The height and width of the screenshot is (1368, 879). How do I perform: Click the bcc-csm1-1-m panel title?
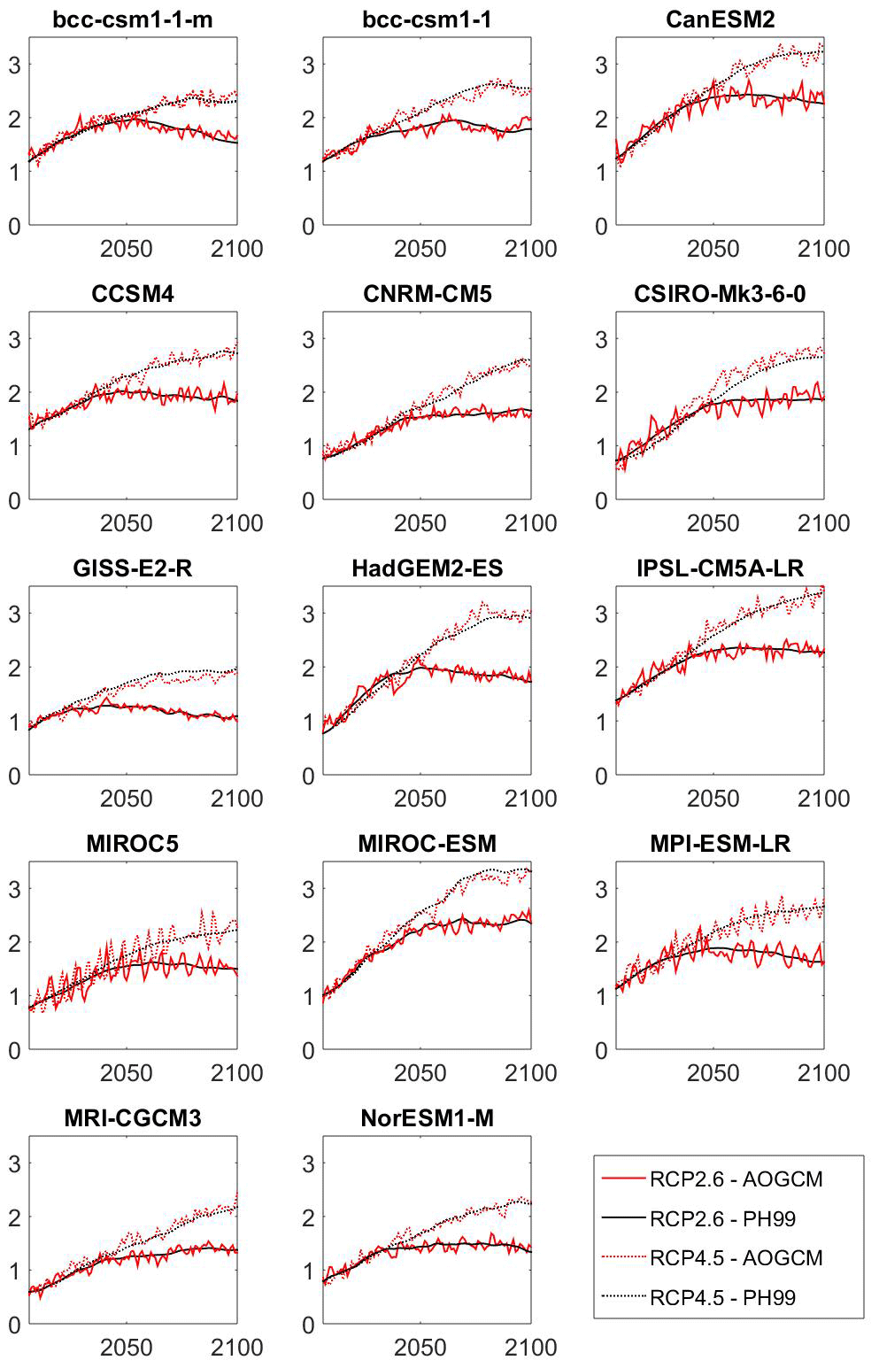pyautogui.click(x=133, y=19)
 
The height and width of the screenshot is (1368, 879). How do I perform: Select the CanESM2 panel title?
pyautogui.click(x=720, y=19)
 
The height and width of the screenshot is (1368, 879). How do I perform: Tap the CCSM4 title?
pyautogui.click(x=133, y=294)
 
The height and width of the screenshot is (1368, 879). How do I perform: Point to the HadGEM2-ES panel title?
pyautogui.click(x=427, y=568)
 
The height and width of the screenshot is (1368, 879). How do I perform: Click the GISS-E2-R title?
pyautogui.click(x=133, y=568)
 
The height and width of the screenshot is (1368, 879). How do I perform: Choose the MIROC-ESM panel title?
pyautogui.click(x=427, y=844)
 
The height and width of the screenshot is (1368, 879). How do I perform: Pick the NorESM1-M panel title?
pyautogui.click(x=427, y=1118)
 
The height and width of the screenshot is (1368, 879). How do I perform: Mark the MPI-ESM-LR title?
pyautogui.click(x=720, y=844)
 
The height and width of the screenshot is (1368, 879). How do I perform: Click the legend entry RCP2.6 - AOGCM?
pyautogui.click(x=736, y=1179)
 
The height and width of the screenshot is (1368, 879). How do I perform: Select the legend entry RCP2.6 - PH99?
pyautogui.click(x=722, y=1219)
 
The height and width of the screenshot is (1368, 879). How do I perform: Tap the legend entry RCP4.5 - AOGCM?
pyautogui.click(x=736, y=1258)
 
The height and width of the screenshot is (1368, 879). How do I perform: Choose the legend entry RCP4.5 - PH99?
pyautogui.click(x=722, y=1298)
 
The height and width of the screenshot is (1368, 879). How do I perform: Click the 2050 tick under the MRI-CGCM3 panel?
pyautogui.click(x=127, y=1348)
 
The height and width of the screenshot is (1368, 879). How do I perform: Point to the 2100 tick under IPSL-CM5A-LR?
pyautogui.click(x=823, y=799)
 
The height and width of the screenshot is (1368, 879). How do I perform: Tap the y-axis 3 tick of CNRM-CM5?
pyautogui.click(x=307, y=339)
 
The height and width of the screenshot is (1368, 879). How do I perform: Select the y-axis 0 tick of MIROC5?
pyautogui.click(x=14, y=1051)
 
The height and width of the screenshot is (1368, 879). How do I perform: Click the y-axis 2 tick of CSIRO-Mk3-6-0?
pyautogui.click(x=601, y=393)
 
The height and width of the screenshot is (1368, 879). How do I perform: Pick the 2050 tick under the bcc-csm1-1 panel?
pyautogui.click(x=420, y=249)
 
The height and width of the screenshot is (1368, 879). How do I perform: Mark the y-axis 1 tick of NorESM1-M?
pyautogui.click(x=307, y=1271)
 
